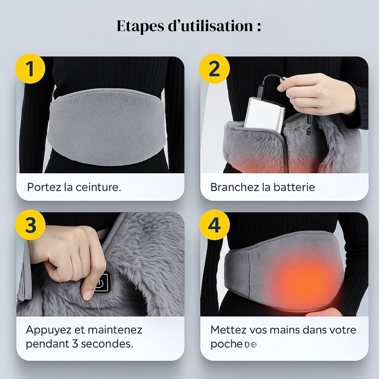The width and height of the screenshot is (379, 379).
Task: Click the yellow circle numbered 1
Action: pyautogui.click(x=30, y=69)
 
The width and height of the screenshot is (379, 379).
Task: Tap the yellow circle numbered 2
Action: pyautogui.click(x=214, y=69)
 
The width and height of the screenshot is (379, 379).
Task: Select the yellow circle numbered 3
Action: pyautogui.click(x=30, y=225)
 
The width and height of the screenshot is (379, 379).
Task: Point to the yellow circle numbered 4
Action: pyautogui.click(x=214, y=225)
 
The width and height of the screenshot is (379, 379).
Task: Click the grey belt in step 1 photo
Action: pyautogui.click(x=107, y=126)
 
